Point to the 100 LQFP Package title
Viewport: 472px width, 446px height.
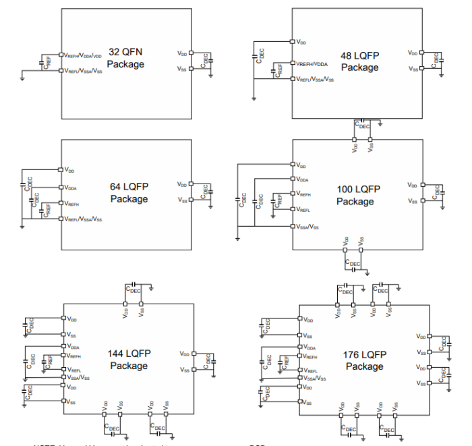[x=355, y=196]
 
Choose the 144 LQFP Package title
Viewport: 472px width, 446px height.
[x=128, y=360]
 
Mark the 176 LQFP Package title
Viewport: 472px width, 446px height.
[x=365, y=360]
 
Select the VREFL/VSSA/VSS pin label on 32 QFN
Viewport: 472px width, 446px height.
[x=84, y=70]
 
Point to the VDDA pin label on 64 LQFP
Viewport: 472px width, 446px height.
[x=73, y=188]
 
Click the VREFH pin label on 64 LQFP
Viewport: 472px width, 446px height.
[x=73, y=203]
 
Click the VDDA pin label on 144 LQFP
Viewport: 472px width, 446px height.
[x=73, y=347]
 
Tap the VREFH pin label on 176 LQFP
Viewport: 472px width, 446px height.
[x=311, y=356]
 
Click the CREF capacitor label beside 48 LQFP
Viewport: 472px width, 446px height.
[x=278, y=70]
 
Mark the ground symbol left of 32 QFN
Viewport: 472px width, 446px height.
[x=23, y=78]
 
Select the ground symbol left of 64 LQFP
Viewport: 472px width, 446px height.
[x=23, y=227]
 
